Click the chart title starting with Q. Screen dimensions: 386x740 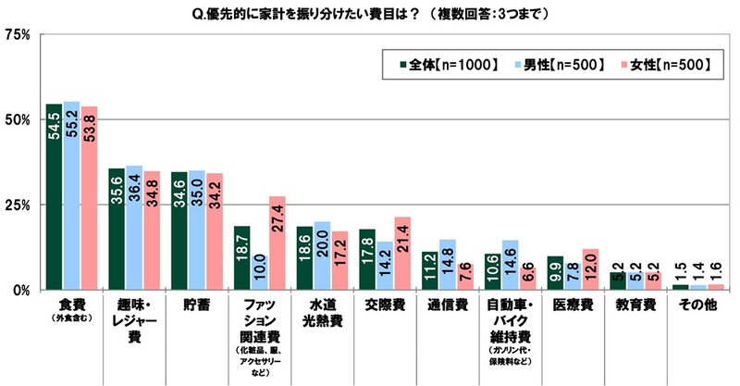368,14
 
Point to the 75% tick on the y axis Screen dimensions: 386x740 18,35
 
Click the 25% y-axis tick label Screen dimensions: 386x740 18,205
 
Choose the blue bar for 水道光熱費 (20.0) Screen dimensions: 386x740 321,255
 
